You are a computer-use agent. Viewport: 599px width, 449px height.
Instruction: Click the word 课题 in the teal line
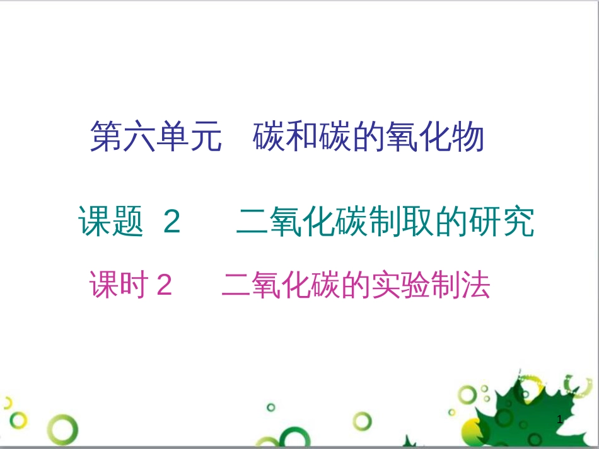click(x=111, y=222)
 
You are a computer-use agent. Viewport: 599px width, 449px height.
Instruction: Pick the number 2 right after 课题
click(x=172, y=222)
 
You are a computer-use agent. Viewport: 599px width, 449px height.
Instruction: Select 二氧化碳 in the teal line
click(x=299, y=222)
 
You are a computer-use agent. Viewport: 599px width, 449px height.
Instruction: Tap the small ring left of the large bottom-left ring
click(x=18, y=420)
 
